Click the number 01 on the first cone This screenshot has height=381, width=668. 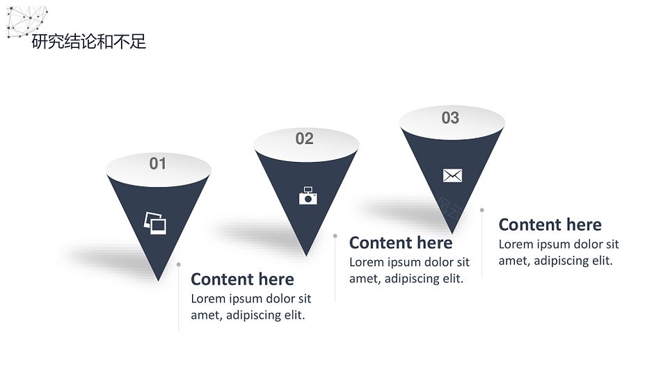(x=158, y=163)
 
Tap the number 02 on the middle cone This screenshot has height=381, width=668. (x=304, y=139)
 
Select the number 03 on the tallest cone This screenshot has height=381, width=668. (x=450, y=118)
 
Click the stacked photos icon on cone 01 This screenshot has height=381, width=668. (x=155, y=223)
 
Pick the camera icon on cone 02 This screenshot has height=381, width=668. (x=308, y=196)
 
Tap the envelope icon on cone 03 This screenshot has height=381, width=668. (x=452, y=175)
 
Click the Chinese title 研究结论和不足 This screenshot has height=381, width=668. (x=89, y=42)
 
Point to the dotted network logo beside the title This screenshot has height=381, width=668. (x=26, y=22)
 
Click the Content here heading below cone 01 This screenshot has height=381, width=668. (x=242, y=279)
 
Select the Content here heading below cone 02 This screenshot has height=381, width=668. (x=401, y=243)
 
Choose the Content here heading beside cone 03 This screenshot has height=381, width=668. (x=550, y=225)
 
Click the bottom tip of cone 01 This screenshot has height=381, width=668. (x=159, y=280)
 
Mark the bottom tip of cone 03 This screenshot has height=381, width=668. (x=452, y=233)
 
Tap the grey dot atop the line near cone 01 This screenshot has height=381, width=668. (x=179, y=265)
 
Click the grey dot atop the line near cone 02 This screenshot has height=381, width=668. (x=335, y=236)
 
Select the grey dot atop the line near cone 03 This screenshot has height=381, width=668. (x=482, y=210)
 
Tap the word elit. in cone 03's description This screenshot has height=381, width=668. (x=603, y=260)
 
